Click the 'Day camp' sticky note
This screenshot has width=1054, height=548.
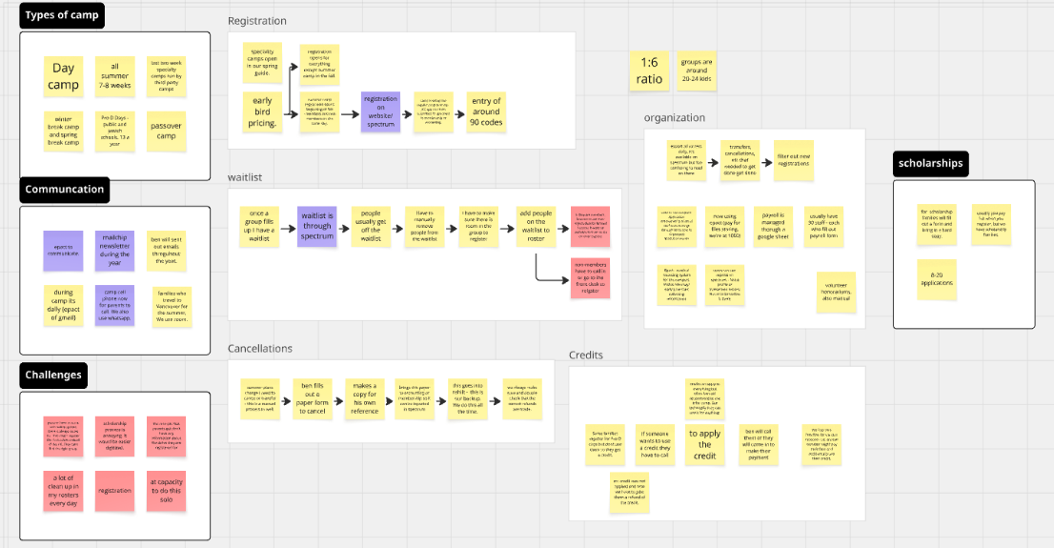click(64, 76)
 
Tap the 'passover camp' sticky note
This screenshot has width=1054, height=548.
click(167, 131)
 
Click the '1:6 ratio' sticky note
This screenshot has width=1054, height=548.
click(649, 71)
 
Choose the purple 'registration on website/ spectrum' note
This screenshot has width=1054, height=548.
click(379, 112)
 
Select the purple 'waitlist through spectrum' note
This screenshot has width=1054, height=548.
click(317, 225)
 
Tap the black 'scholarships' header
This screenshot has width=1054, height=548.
click(930, 163)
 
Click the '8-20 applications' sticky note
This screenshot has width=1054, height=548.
click(938, 276)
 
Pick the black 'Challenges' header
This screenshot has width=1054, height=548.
click(53, 375)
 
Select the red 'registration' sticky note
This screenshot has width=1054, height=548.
click(114, 491)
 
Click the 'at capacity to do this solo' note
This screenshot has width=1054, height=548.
click(166, 490)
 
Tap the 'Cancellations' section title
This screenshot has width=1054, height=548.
click(260, 349)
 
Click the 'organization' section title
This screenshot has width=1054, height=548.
click(675, 118)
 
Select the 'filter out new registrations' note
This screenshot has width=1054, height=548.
click(793, 161)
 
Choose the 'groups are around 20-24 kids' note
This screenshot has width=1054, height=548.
click(697, 70)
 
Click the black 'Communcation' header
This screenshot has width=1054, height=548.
click(65, 189)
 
